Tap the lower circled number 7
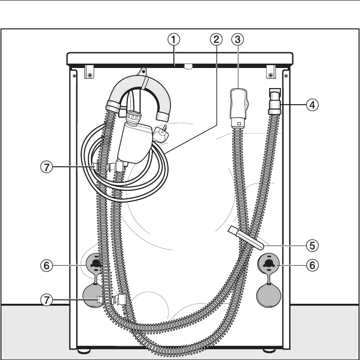[x=46, y=300]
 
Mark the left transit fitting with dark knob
[x=96, y=263]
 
